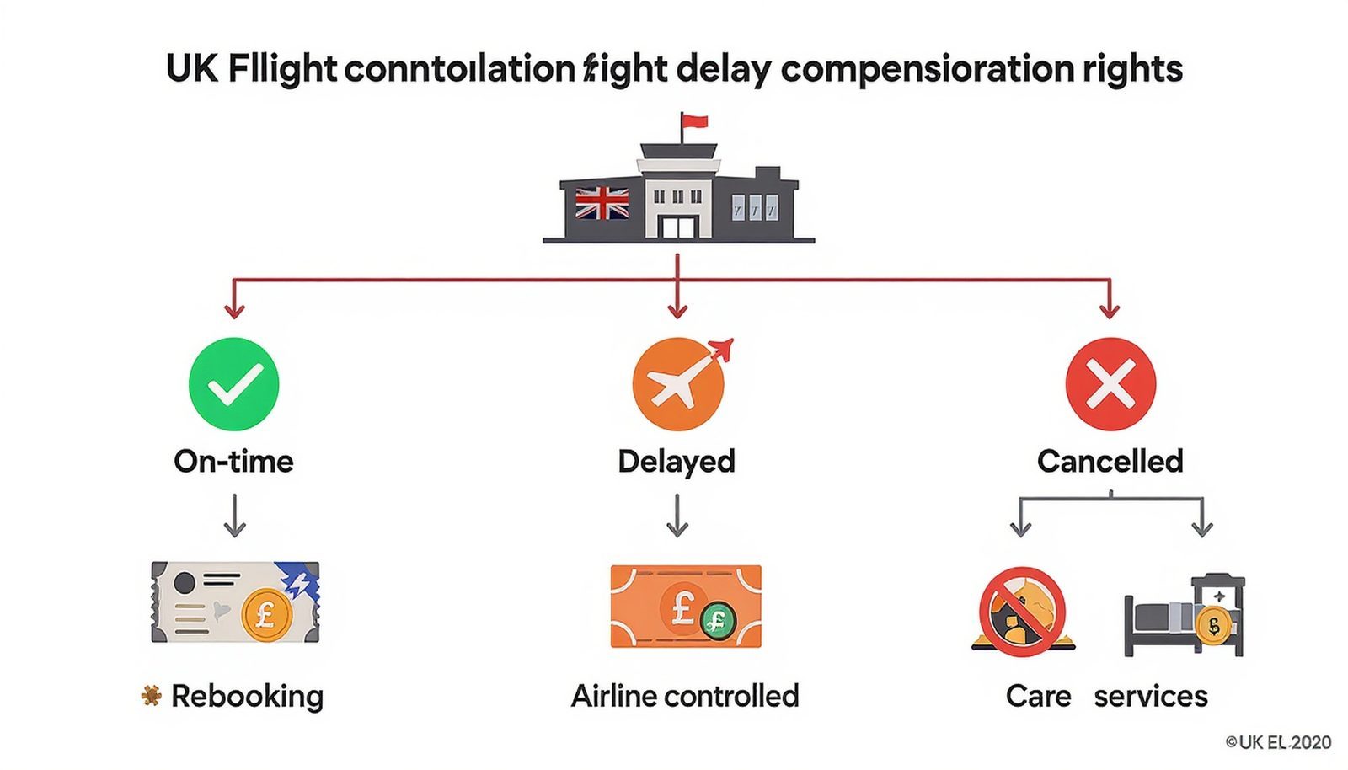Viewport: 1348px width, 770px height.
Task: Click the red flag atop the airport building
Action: pyautogui.click(x=694, y=123)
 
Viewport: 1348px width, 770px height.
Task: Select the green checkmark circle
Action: pyautogui.click(x=233, y=384)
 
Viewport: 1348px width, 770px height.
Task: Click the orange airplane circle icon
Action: pyautogui.click(x=678, y=385)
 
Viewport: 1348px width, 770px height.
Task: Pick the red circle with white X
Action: pyautogui.click(x=1110, y=384)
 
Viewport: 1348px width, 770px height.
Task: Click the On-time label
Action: pyautogui.click(x=233, y=461)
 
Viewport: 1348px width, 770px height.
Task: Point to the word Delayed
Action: pyautogui.click(x=677, y=461)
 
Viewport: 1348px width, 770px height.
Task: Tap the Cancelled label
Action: pyautogui.click(x=1110, y=461)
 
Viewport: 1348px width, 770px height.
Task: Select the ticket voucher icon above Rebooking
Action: pyautogui.click(x=235, y=602)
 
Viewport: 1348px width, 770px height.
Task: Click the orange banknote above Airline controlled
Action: pyautogui.click(x=686, y=607)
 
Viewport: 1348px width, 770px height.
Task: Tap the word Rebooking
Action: pyautogui.click(x=247, y=696)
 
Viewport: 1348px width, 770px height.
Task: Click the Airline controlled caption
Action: pyautogui.click(x=685, y=696)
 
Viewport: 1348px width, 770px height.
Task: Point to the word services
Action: pyautogui.click(x=1151, y=696)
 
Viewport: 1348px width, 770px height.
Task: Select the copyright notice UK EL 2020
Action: pyautogui.click(x=1278, y=742)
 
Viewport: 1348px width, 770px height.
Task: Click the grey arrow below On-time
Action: pyautogui.click(x=234, y=515)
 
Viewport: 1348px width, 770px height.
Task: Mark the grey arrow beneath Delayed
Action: pyautogui.click(x=677, y=515)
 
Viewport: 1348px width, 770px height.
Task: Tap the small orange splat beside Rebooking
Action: pyautogui.click(x=152, y=695)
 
